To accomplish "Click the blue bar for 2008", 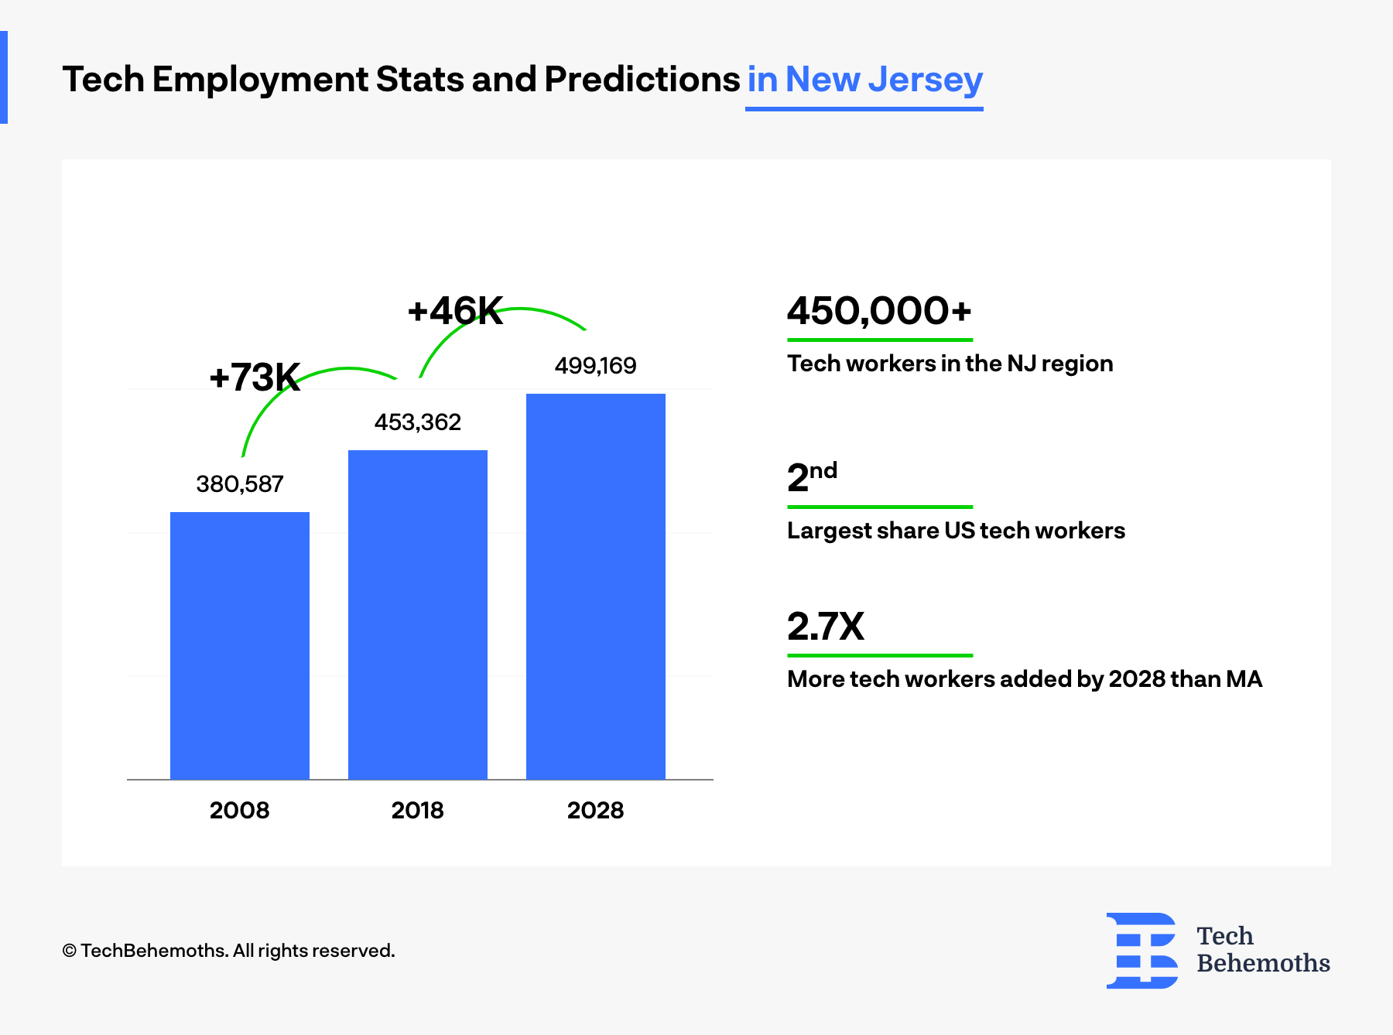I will tap(240, 645).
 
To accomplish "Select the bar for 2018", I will tap(418, 614).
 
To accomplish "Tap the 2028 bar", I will tap(596, 586).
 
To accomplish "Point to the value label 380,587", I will tap(240, 484).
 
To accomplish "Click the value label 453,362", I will tap(418, 422).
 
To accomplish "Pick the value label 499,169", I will tap(595, 366).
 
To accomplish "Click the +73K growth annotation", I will tap(255, 377).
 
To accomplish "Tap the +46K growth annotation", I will tap(455, 311).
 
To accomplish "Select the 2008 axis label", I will tap(240, 810).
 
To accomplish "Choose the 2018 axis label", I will tap(418, 810).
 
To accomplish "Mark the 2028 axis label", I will tap(595, 810).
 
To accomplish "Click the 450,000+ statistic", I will tap(879, 311).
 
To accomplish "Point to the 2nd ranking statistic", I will tap(812, 477).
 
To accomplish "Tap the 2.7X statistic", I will tap(826, 627).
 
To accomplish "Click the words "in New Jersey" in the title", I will tap(864, 80).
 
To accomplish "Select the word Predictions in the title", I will tap(642, 80).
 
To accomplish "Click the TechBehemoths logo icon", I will tap(1142, 951).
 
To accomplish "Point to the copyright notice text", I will tap(228, 951).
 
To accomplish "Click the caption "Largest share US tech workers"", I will tap(956, 531).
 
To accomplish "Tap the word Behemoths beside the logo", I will tap(1263, 963).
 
